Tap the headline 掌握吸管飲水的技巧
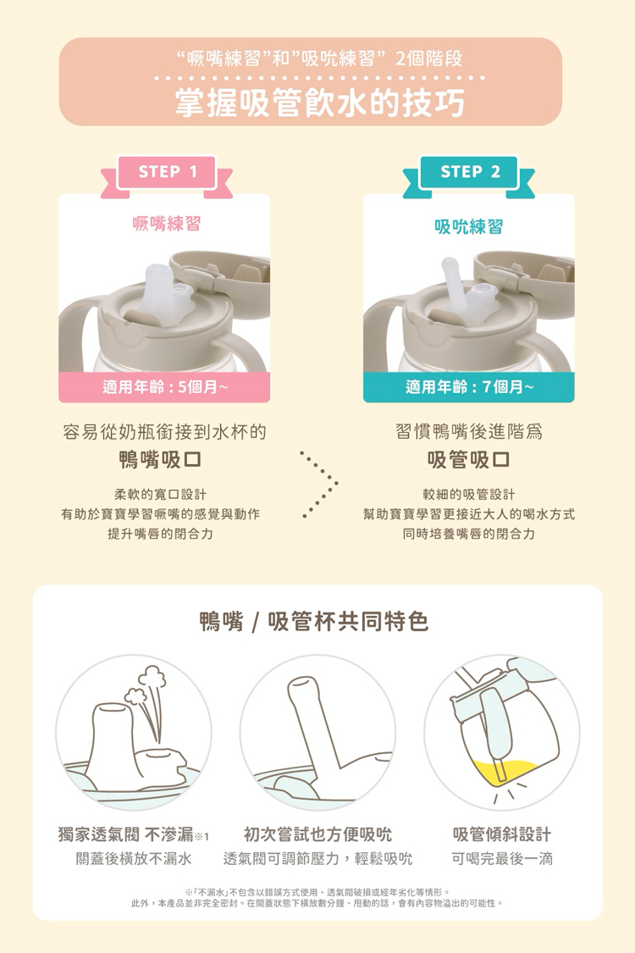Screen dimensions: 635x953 point(320,103)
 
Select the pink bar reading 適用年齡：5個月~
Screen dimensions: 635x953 point(164,386)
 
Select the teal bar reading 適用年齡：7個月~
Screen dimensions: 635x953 point(468,386)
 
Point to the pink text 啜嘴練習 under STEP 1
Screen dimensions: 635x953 point(166,224)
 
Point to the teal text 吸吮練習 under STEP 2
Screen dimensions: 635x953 point(468,227)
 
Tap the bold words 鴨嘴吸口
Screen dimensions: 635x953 point(160,459)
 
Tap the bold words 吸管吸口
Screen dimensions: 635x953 point(468,459)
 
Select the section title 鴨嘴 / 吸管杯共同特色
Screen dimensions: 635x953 point(314,621)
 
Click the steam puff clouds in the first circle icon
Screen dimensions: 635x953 point(146,685)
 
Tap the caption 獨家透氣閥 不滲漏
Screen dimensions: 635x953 point(126,834)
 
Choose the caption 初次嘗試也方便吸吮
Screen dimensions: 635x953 point(317,834)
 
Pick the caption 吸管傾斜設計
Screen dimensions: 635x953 point(502,834)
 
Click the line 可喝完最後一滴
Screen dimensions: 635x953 point(502,858)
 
